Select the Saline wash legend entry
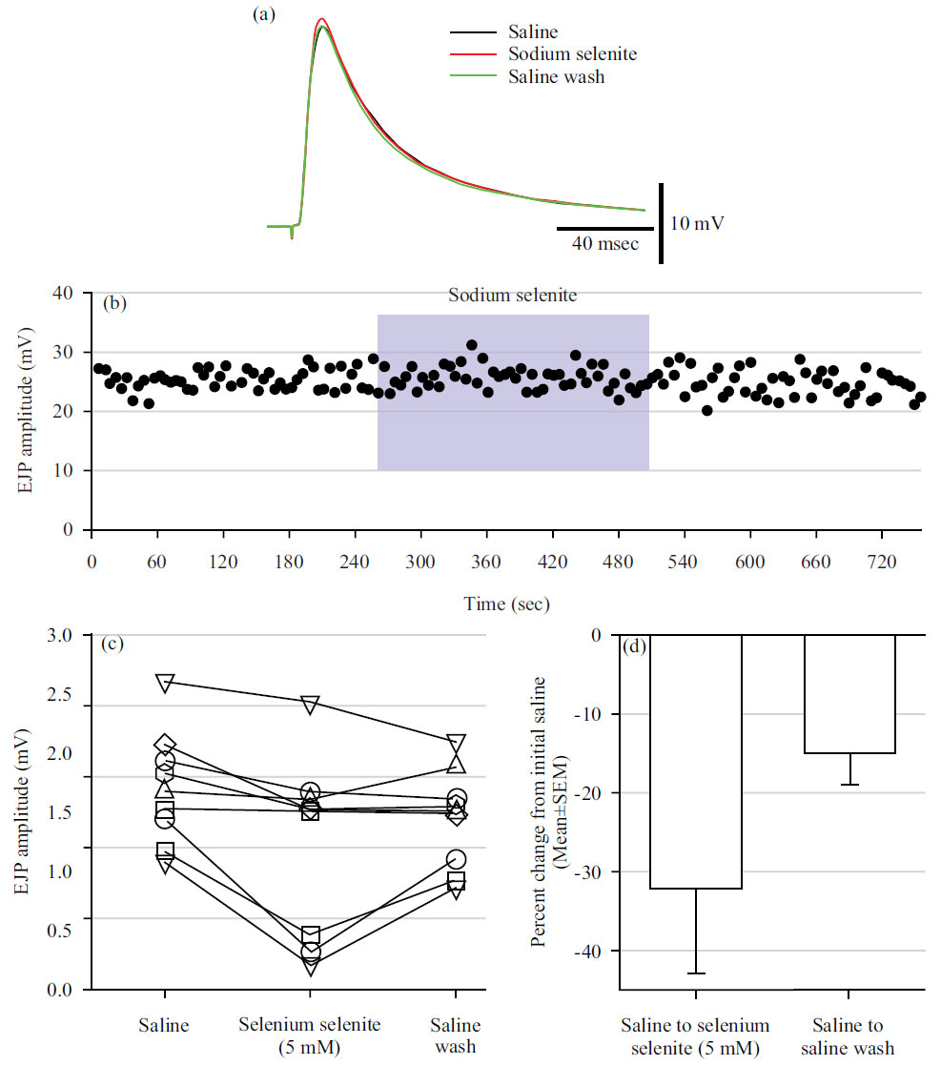(x=556, y=76)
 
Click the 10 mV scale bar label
(x=696, y=225)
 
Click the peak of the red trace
(x=322, y=19)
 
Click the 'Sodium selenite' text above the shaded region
(x=513, y=296)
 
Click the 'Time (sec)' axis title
(x=506, y=604)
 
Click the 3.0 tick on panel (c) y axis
(x=69, y=635)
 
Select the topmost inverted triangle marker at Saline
(x=165, y=683)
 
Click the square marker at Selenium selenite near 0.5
(x=311, y=935)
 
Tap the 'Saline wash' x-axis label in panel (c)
(x=456, y=1036)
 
